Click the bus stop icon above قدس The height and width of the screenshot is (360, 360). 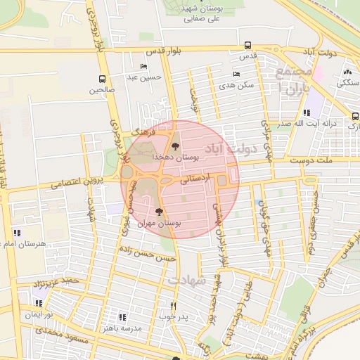247,44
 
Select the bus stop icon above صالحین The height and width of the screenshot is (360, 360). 103,79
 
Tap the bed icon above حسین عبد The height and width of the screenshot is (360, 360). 144,67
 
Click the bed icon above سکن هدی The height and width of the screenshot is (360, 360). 236,74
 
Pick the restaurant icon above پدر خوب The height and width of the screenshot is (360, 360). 174,306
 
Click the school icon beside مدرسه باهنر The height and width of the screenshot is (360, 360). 123,317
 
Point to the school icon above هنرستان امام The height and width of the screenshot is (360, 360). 17,232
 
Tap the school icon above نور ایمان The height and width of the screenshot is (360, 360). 39,303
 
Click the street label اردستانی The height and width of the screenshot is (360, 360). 194,179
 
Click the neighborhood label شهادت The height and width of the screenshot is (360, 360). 186,279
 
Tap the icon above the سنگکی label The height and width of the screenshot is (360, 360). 347,72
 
